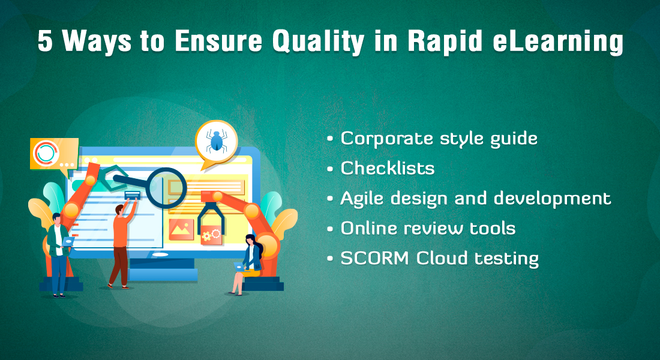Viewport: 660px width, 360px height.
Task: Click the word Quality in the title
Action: (x=318, y=41)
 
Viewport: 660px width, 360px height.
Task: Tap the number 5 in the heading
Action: (x=45, y=41)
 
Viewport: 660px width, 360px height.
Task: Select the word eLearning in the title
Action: (x=559, y=41)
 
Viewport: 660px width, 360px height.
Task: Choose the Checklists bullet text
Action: (x=387, y=169)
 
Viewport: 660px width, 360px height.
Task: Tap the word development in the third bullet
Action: (x=552, y=199)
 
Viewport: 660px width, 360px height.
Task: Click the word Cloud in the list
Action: (x=442, y=258)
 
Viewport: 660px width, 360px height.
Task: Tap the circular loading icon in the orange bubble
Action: (x=46, y=153)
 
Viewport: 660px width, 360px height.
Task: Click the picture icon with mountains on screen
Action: (x=181, y=229)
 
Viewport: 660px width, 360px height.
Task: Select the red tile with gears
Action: (x=211, y=234)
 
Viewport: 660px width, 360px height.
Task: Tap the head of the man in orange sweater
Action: (x=119, y=209)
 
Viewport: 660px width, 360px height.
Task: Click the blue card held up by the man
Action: (x=133, y=195)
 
